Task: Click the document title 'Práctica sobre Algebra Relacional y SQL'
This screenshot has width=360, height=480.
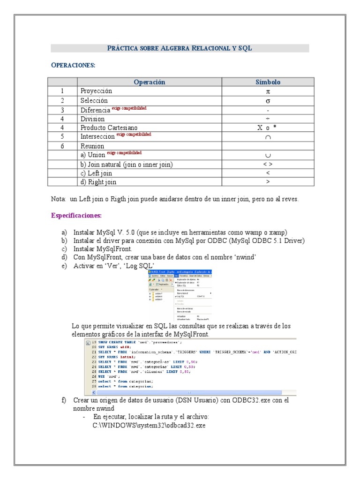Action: click(x=180, y=48)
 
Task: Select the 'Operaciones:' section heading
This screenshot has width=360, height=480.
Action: click(x=73, y=65)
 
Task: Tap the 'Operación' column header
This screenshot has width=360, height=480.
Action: click(x=150, y=82)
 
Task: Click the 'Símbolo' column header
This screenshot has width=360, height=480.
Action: click(x=268, y=82)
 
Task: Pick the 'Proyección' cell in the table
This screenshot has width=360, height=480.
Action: click(x=96, y=91)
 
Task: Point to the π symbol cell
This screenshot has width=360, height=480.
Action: click(x=268, y=91)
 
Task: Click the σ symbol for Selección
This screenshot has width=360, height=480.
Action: click(x=268, y=100)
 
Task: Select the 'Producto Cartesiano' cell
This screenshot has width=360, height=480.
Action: click(x=109, y=127)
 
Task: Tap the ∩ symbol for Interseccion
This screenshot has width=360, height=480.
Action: click(x=268, y=137)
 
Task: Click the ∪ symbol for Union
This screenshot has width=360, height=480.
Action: click(x=268, y=155)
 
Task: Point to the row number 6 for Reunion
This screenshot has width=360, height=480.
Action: click(x=62, y=146)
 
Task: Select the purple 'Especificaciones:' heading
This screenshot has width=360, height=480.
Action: click(x=76, y=216)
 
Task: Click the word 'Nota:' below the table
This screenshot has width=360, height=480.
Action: click(x=59, y=199)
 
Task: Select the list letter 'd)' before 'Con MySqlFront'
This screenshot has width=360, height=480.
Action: click(x=64, y=257)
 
